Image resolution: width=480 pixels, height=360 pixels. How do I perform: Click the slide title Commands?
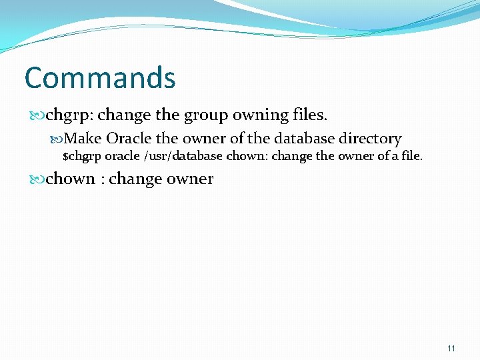100,78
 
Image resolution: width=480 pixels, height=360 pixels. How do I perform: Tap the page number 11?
451,348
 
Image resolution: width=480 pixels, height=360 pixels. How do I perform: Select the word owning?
261,115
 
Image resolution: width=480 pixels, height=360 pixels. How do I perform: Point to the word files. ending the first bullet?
310,115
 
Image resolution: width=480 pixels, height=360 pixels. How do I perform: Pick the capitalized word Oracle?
129,139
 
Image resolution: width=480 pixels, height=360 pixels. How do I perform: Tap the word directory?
370,139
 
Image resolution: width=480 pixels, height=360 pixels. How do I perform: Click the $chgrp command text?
80,157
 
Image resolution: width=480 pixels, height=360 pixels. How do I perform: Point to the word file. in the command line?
411,157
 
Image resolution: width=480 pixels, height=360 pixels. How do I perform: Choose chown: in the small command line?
245,157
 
